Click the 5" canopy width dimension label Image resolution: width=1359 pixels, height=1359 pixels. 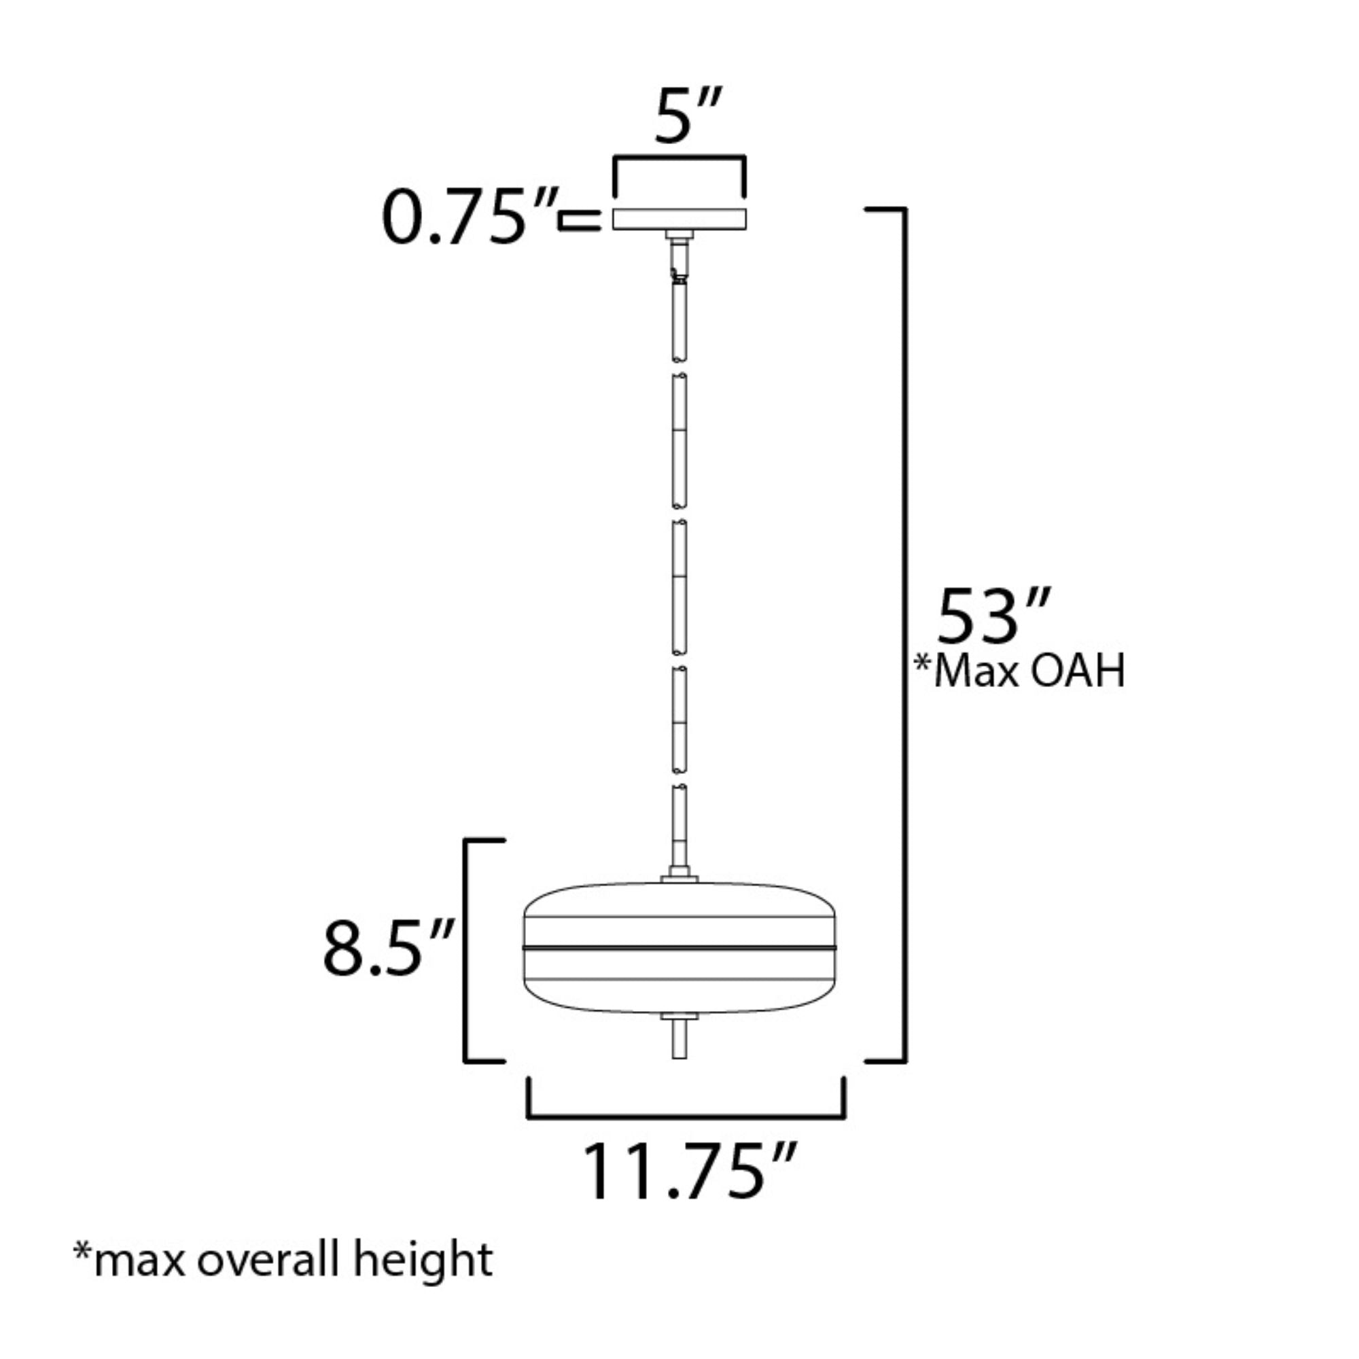(x=687, y=116)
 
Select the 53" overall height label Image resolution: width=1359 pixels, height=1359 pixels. (x=993, y=618)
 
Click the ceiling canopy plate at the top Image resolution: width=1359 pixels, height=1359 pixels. (x=679, y=219)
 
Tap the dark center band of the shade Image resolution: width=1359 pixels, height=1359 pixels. (x=679, y=948)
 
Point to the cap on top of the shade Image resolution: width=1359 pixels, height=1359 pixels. (x=679, y=879)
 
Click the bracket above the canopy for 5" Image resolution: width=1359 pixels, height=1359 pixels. (x=679, y=158)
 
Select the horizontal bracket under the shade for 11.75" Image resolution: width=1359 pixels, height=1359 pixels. (x=686, y=1115)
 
